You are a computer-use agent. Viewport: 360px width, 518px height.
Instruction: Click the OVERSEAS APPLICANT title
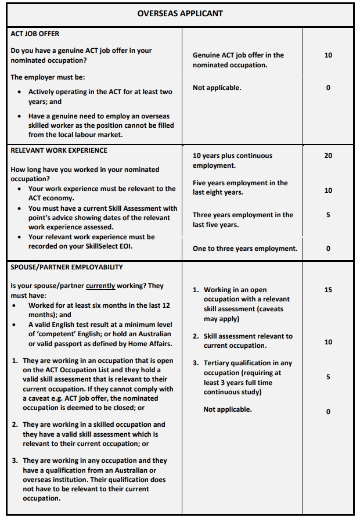(x=179, y=13)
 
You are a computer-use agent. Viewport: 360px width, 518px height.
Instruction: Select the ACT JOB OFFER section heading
(x=35, y=34)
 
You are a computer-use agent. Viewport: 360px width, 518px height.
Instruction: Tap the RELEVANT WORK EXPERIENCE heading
(x=59, y=150)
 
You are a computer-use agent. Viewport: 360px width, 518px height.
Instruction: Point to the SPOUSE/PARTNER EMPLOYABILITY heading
(x=67, y=267)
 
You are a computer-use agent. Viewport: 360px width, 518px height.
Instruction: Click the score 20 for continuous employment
(x=328, y=156)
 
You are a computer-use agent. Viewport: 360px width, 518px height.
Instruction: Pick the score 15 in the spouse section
(x=328, y=289)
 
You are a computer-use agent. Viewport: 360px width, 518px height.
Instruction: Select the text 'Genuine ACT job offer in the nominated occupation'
(x=238, y=60)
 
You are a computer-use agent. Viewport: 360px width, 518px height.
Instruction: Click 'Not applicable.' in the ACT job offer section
(x=217, y=88)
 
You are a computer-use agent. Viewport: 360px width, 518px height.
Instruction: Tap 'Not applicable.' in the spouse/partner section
(x=228, y=409)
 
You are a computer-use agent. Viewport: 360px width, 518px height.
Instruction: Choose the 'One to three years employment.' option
(x=244, y=249)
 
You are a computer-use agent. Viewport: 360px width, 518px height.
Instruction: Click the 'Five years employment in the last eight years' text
(x=240, y=188)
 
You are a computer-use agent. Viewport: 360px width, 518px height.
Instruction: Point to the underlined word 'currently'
(x=101, y=286)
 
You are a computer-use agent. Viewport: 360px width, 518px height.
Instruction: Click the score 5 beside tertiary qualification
(x=328, y=377)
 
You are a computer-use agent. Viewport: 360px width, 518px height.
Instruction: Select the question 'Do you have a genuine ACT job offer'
(x=81, y=55)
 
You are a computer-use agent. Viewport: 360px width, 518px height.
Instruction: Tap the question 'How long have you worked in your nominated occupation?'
(x=85, y=174)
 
